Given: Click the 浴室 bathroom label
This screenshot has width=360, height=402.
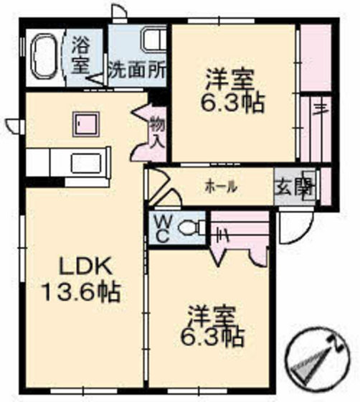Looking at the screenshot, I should pyautogui.click(x=80, y=52).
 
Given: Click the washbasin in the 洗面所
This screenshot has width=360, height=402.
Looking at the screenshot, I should pyautogui.click(x=151, y=40).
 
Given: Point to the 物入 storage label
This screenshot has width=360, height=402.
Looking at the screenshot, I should pyautogui.click(x=157, y=132).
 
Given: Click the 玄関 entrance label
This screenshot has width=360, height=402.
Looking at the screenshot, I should pyautogui.click(x=295, y=187).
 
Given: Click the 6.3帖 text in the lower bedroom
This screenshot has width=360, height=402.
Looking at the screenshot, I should pyautogui.click(x=213, y=337).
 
